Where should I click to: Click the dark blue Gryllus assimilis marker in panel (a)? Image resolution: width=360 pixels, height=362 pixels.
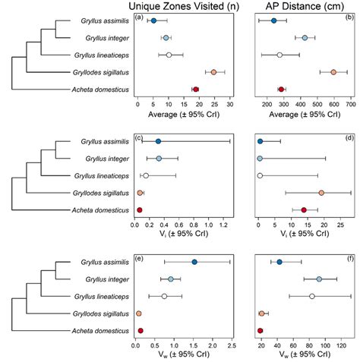153,21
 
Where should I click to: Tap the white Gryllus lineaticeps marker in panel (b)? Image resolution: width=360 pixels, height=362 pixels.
279,55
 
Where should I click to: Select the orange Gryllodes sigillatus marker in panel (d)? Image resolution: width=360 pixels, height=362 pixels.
321,193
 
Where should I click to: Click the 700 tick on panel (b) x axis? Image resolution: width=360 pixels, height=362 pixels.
351,102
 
